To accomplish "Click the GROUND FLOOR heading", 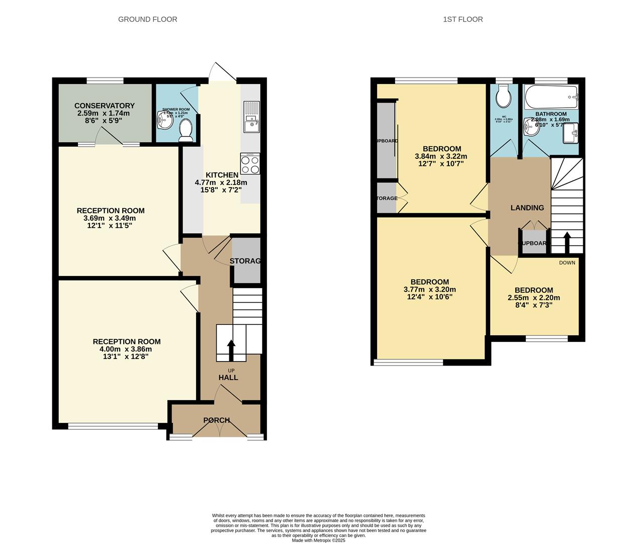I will pos(147,20).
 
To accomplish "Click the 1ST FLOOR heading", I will pos(463,20).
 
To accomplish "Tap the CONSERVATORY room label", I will pos(104,106).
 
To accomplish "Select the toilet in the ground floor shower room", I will pos(186,129).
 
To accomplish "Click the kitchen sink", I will pos(250,117).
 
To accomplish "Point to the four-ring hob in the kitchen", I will pos(250,164).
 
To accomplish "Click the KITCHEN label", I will pos(222,175).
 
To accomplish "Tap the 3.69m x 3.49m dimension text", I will pos(110,218).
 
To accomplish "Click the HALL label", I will pos(228,378).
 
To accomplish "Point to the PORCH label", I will pos(217,420).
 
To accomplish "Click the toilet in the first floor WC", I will pos(503,96).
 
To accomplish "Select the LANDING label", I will pos(527,208).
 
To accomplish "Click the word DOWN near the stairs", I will pos(567,262).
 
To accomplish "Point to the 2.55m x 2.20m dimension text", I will pos(533,298).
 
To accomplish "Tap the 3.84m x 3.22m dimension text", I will pos(441,156).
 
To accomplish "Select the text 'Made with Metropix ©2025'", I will pos(318,540).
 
